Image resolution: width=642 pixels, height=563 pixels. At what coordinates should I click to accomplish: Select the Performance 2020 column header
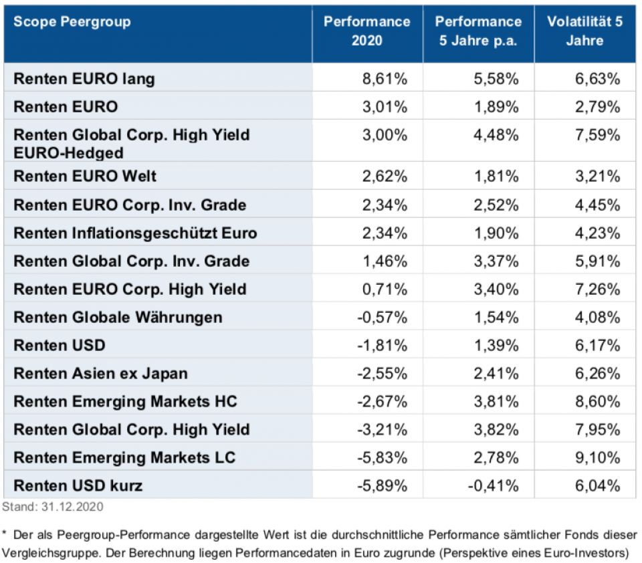[366, 31]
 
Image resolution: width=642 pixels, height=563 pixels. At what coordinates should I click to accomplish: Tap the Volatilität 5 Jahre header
[584, 31]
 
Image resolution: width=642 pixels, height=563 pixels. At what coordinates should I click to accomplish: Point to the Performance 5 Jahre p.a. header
[478, 31]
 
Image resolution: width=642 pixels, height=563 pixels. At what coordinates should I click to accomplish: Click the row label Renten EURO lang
[84, 79]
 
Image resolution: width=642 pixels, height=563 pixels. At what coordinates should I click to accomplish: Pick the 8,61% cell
[385, 79]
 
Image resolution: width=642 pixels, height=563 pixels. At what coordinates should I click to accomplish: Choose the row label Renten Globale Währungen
[118, 317]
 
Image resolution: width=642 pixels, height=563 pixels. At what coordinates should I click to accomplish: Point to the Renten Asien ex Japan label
[100, 373]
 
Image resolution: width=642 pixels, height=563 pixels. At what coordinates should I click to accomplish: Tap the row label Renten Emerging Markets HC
[126, 401]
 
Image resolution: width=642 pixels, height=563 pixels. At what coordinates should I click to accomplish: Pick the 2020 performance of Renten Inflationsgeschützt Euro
[385, 233]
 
